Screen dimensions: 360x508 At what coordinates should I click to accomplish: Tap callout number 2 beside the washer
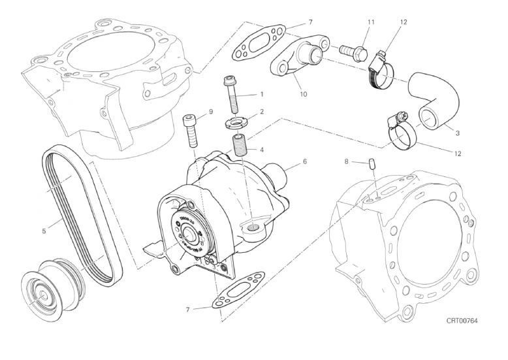(261, 112)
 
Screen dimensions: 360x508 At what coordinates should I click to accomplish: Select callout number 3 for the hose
(457, 133)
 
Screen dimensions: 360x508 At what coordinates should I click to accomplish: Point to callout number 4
(261, 150)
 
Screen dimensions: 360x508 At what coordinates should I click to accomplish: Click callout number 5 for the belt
(44, 231)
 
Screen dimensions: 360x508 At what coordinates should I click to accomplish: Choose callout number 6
(304, 161)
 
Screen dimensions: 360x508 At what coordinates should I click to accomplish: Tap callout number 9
(211, 112)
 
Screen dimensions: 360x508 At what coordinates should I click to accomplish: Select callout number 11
(370, 22)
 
